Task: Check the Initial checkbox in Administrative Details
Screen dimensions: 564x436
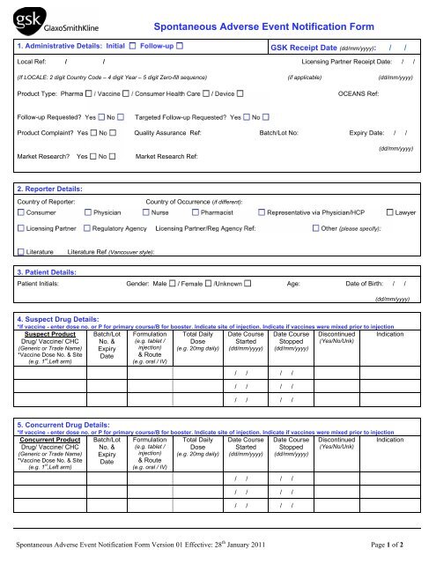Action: coord(133,43)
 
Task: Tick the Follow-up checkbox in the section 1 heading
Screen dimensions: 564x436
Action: coord(180,43)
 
